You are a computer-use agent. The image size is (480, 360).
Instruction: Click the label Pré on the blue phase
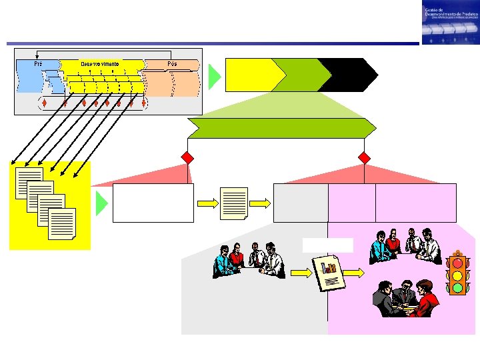click(x=38, y=64)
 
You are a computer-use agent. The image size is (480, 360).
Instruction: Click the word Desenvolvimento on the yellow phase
click(x=100, y=64)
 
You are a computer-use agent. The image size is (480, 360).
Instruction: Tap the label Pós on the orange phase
click(x=173, y=64)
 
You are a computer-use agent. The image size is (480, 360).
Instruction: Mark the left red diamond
click(x=188, y=158)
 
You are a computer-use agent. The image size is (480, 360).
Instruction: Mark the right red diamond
click(x=364, y=158)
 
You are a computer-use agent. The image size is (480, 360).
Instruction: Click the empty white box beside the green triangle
click(x=153, y=203)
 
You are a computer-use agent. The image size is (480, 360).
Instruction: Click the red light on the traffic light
click(x=458, y=263)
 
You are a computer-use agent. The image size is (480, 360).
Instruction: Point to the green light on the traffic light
click(x=458, y=288)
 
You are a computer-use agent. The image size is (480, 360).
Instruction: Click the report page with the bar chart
click(x=327, y=272)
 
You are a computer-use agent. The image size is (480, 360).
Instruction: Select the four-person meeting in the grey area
click(x=249, y=259)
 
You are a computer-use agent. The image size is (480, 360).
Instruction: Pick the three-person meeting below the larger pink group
click(x=405, y=298)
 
